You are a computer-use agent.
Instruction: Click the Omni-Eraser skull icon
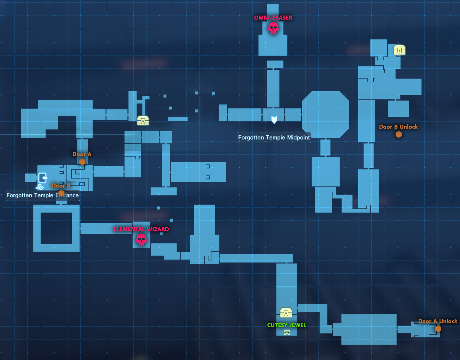coord(273,28)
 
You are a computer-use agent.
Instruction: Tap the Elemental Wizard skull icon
coord(141,240)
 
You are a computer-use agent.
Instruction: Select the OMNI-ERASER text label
coord(273,18)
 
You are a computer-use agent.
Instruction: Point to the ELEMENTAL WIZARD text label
coord(141,229)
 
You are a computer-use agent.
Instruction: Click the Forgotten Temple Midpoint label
coord(274,138)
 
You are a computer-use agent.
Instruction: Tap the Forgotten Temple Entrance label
coord(42,195)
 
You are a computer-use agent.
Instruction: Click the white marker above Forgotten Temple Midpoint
coord(274,120)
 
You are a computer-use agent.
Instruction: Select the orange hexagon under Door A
coord(82,162)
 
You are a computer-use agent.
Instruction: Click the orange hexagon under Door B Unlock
coord(399,134)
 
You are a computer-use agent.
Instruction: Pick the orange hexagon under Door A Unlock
coord(438,329)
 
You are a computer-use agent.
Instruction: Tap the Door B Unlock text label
coord(398,127)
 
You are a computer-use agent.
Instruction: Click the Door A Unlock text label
coord(438,321)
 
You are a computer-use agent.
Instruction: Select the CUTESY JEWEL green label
coord(287,325)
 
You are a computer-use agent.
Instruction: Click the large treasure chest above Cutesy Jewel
coord(286,313)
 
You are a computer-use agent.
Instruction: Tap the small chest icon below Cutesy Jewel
coord(287,333)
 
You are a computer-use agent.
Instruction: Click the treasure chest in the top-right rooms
coord(399,50)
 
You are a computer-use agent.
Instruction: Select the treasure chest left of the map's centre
coord(143,121)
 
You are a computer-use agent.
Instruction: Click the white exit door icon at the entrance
coord(43,178)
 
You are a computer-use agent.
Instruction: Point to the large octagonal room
coord(325,115)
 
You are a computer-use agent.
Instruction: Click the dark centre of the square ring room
coord(56,228)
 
